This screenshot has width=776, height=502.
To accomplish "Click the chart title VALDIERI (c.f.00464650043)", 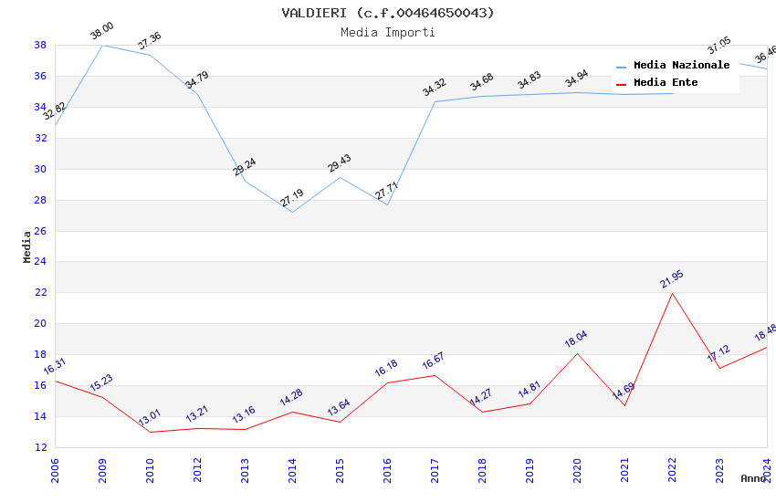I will pos(388,13).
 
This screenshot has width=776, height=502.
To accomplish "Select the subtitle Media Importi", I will pos(388,32).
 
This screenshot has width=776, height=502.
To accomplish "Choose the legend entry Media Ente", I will pos(666,82).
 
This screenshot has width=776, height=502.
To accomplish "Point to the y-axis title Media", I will pos(27,246).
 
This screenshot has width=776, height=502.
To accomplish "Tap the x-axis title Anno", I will pos(753,478).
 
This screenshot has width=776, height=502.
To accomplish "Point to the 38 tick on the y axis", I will pos(41,45).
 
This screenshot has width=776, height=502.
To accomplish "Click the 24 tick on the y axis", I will pos(41,262).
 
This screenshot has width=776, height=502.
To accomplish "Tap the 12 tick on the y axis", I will pos(41,447).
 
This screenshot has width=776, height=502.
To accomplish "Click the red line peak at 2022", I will pos(672,293).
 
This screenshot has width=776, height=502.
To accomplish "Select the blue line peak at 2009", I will pos(102,45).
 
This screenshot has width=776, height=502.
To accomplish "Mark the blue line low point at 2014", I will pos(292,212).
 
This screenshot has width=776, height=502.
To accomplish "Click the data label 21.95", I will pos(672,279).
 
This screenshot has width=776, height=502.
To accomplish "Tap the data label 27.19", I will pos(292,198).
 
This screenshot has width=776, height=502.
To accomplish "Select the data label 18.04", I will pos(576,340).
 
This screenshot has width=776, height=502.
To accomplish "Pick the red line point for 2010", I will pos(150,432).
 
